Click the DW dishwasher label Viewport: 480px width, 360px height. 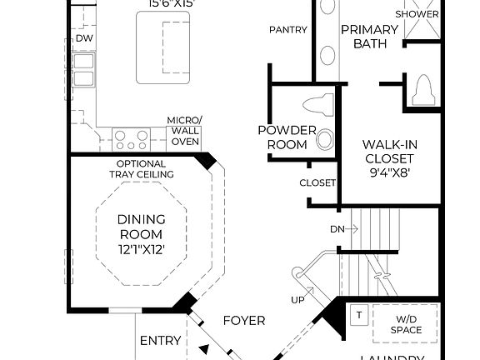point(84,38)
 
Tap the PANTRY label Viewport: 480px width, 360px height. point(288,30)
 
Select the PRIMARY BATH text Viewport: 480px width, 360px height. point(363,37)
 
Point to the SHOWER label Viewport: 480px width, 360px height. point(417,14)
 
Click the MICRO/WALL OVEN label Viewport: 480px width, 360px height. point(183,131)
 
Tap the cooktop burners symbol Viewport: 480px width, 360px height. point(130,137)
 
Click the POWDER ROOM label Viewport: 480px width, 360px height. point(286,137)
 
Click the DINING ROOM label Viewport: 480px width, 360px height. point(140,227)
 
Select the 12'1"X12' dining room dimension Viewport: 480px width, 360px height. point(140,249)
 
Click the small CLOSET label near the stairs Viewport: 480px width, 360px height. point(317,182)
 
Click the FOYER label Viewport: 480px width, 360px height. point(244,320)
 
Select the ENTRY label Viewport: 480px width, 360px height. point(161,340)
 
